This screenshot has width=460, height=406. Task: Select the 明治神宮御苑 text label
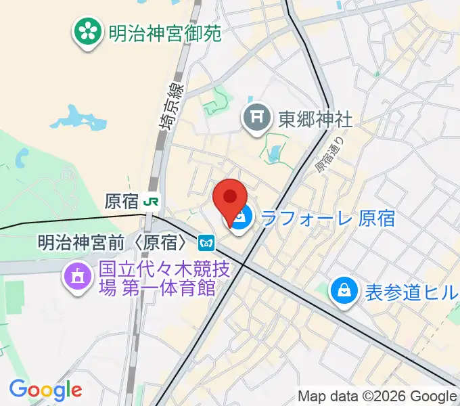pos(164,32)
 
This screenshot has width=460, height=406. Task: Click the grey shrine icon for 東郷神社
pos(258,119)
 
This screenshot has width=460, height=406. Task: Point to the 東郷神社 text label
pos(315,119)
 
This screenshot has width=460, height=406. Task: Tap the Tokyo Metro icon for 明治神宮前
pos(206,241)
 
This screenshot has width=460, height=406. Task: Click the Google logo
pos(45,389)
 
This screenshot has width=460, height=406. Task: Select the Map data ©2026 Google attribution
pos(377,397)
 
